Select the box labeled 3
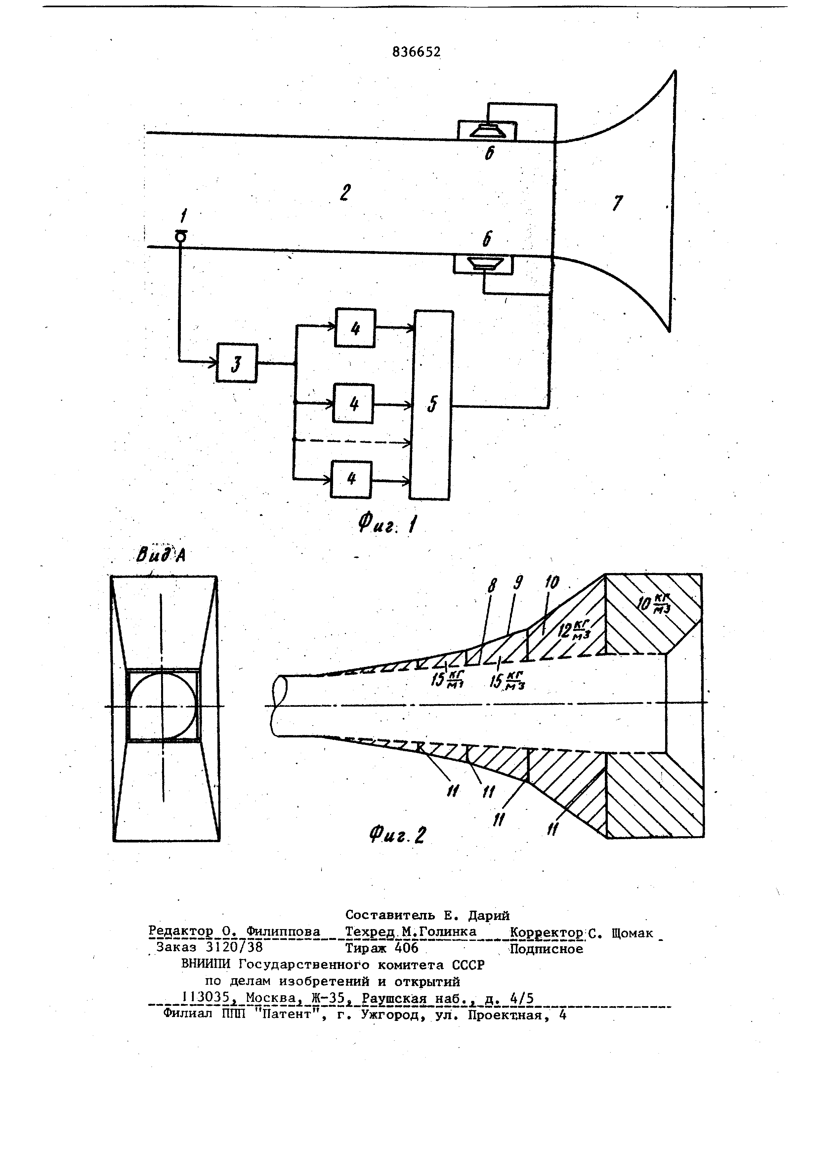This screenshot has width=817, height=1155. (x=237, y=363)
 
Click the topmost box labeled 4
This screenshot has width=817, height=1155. (x=355, y=327)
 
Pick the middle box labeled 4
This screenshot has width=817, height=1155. (x=353, y=403)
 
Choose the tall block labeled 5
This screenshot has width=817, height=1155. (x=432, y=405)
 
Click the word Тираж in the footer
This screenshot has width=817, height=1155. (x=365, y=948)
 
